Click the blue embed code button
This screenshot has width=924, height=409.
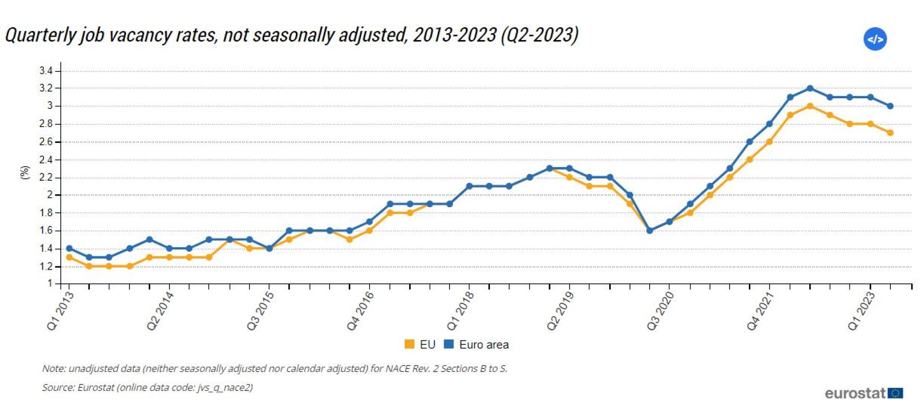(875, 39)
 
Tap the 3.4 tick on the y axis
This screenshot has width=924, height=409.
(46, 71)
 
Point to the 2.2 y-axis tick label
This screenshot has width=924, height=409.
(46, 177)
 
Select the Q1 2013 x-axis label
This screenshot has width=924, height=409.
(60, 311)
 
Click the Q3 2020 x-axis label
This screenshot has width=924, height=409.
(660, 311)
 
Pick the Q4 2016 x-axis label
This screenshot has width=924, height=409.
(360, 311)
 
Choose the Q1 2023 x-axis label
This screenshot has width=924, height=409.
(861, 311)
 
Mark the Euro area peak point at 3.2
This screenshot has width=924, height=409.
(810, 88)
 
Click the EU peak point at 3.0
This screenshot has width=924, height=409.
(810, 106)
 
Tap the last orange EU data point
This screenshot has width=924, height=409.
(890, 132)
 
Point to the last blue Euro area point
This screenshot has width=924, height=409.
(890, 106)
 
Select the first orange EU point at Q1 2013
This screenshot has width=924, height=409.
(69, 257)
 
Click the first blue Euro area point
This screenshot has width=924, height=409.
(69, 248)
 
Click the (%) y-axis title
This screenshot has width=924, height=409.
(25, 172)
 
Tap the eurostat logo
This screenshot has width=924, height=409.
(863, 393)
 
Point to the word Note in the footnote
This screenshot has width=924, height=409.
(53, 369)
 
